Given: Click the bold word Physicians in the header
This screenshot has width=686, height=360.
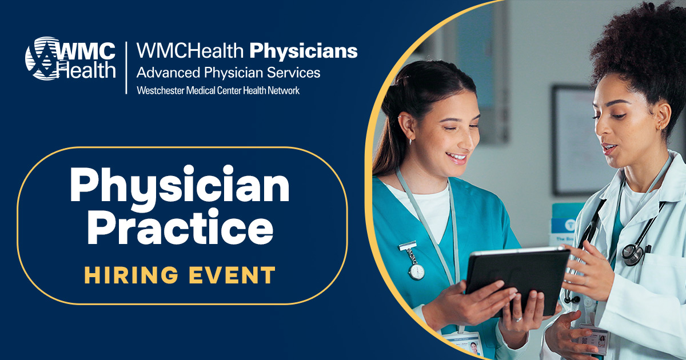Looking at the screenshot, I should point(304,51).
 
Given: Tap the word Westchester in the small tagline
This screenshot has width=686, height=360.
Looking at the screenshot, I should point(159,90).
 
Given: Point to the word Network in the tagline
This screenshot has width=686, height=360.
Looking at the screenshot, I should point(284,90).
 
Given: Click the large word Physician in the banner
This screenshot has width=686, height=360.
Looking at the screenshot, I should point(180,187).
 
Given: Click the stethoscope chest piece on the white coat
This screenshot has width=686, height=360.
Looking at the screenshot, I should point(633,253).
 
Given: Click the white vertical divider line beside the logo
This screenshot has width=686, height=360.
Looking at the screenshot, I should point(126,67).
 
